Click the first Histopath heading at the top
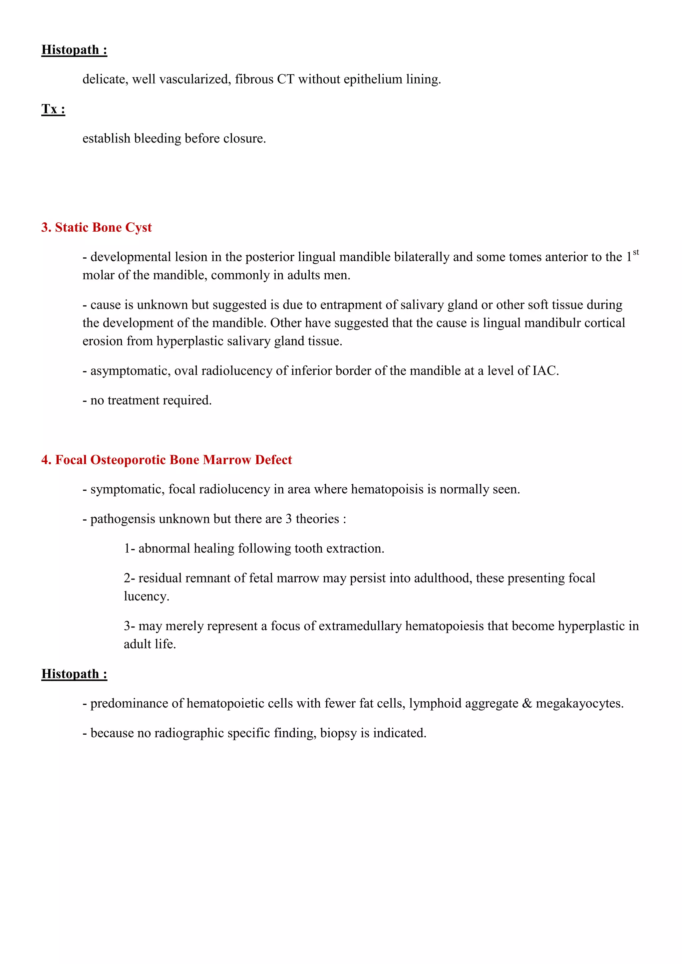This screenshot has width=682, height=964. click(x=74, y=50)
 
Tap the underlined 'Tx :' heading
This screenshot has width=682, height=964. click(x=53, y=109)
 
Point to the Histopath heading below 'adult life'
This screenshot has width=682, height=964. click(x=74, y=674)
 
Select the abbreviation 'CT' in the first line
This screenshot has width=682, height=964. click(x=286, y=79)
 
